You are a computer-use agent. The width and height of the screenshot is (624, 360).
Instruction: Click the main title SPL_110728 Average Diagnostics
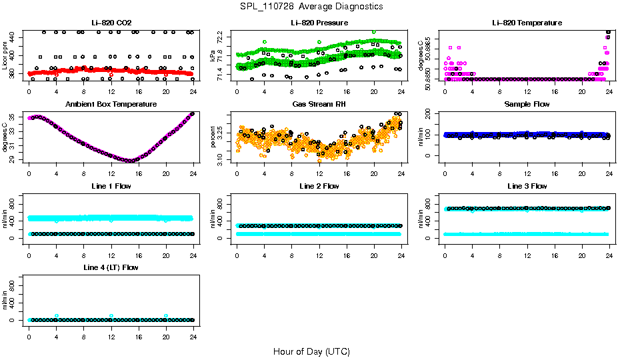click(x=312, y=6)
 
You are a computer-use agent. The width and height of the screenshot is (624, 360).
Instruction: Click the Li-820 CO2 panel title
click(x=111, y=23)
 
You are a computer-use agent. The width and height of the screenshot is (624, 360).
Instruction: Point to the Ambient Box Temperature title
click(x=111, y=104)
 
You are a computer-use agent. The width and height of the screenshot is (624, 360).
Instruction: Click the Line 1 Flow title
click(x=111, y=185)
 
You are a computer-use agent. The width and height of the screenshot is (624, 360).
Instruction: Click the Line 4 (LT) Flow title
click(x=111, y=267)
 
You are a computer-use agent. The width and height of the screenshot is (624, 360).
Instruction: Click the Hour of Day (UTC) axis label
click(x=311, y=351)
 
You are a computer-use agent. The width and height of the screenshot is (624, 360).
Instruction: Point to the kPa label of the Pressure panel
click(x=213, y=59)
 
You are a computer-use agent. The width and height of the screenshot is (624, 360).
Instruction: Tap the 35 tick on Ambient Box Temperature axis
click(x=12, y=117)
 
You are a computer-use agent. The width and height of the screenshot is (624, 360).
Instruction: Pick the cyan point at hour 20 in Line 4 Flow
click(x=166, y=315)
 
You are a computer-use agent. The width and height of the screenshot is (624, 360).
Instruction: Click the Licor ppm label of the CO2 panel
click(x=5, y=59)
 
